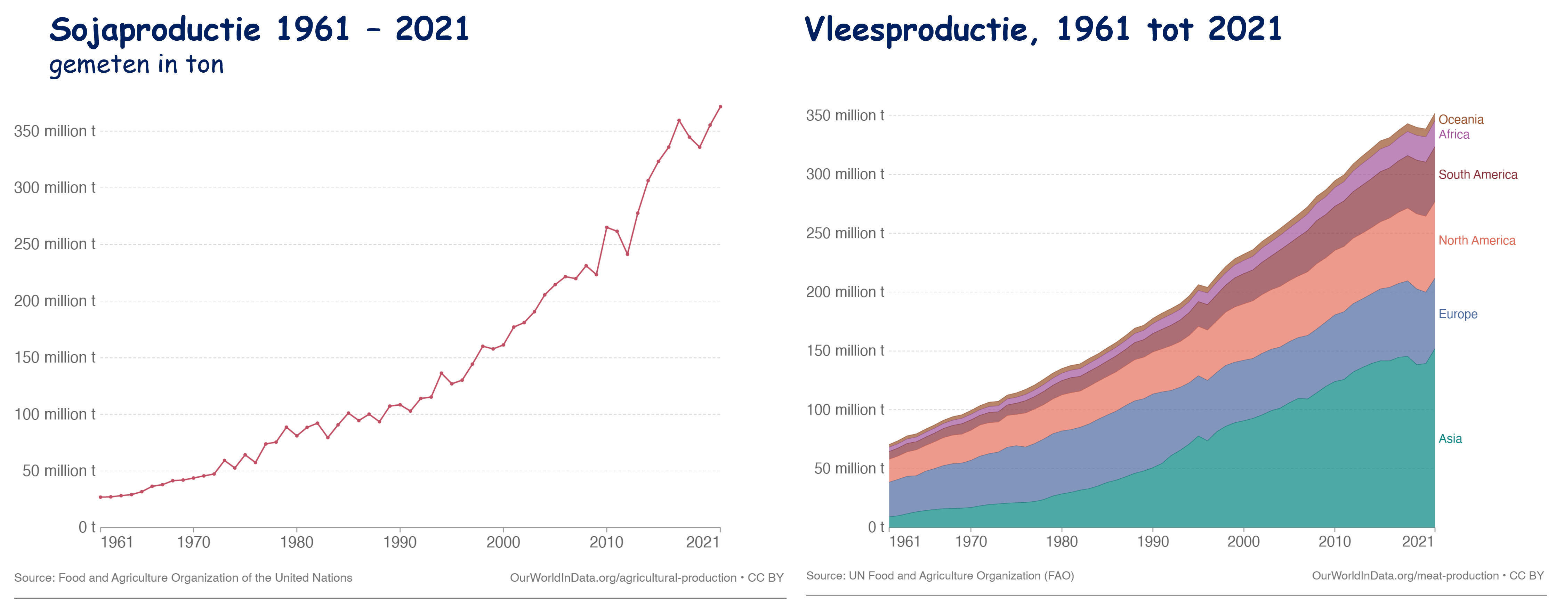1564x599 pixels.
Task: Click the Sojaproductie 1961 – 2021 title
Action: point(259,29)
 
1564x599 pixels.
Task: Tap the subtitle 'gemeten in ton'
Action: point(137,64)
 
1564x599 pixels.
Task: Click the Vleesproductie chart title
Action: point(1042,29)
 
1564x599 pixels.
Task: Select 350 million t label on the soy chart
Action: point(55,131)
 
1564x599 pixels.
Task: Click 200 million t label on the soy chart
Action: point(55,301)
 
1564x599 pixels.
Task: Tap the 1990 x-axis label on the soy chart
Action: point(400,542)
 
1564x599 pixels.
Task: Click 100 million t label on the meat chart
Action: point(845,410)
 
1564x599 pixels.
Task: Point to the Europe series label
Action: point(1458,314)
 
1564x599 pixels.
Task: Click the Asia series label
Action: point(1450,439)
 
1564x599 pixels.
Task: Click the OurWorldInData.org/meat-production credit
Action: point(1405,575)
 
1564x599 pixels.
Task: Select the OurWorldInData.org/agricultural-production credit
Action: point(623,578)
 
